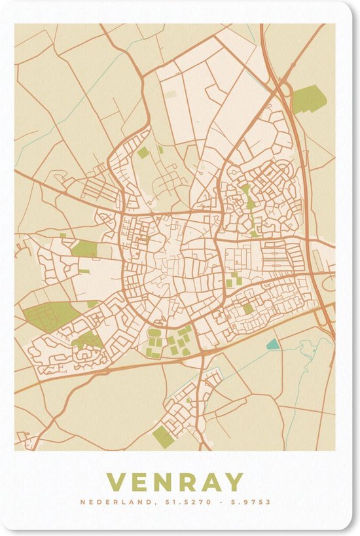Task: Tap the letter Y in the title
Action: (234, 482)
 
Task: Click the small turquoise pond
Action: (272, 344)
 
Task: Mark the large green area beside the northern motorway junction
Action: (308, 99)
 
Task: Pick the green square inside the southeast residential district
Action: (248, 308)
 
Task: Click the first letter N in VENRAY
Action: (162, 482)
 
